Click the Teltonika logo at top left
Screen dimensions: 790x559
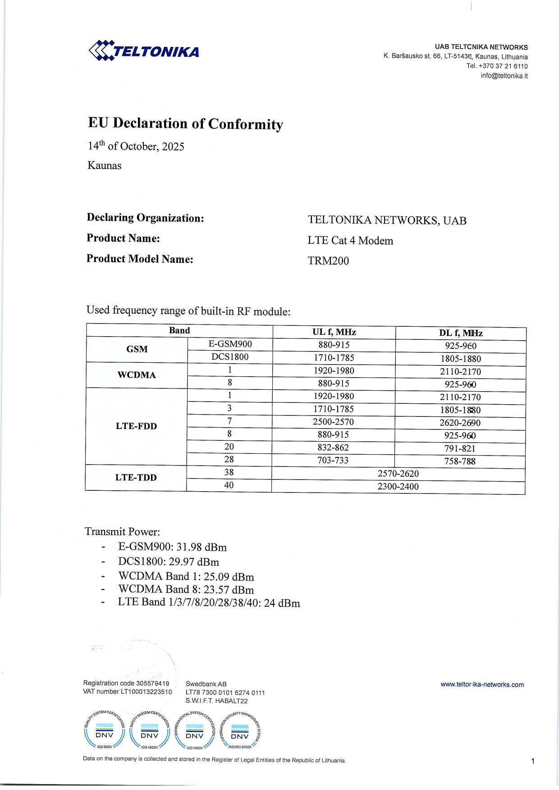[144, 50]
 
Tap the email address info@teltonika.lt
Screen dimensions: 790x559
[504, 76]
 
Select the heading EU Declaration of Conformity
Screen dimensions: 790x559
[185, 123]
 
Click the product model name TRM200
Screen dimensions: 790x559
[328, 261]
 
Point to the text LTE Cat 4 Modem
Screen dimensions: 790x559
[350, 241]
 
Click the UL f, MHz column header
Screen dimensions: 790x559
[334, 332]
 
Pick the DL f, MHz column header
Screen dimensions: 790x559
[461, 333]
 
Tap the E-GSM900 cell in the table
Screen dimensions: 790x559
[230, 344]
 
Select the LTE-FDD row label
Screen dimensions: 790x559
[136, 426]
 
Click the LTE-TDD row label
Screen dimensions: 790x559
[136, 478]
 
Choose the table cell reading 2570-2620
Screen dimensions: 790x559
[398, 474]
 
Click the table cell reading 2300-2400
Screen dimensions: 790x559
[398, 487]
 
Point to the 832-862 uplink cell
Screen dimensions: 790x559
[333, 448]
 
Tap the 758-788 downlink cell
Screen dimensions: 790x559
[460, 461]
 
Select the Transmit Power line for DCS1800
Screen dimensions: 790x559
[169, 562]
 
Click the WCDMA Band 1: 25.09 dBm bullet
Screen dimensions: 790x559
[186, 577]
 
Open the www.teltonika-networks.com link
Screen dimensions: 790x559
[482, 685]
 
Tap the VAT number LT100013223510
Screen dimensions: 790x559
[128, 692]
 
